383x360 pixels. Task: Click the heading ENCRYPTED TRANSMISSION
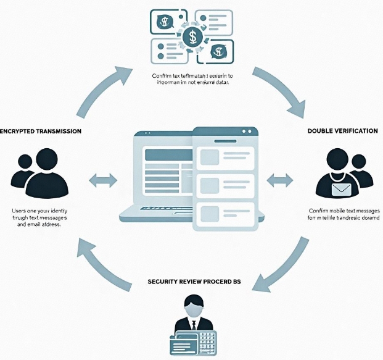(41, 132)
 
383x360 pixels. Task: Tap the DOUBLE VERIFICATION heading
(343, 132)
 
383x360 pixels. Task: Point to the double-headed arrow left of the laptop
(103, 180)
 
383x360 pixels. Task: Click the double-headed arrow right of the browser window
(280, 180)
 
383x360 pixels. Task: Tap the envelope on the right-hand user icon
(342, 189)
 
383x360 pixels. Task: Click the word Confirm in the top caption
(163, 76)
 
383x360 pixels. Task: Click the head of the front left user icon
(45, 160)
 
